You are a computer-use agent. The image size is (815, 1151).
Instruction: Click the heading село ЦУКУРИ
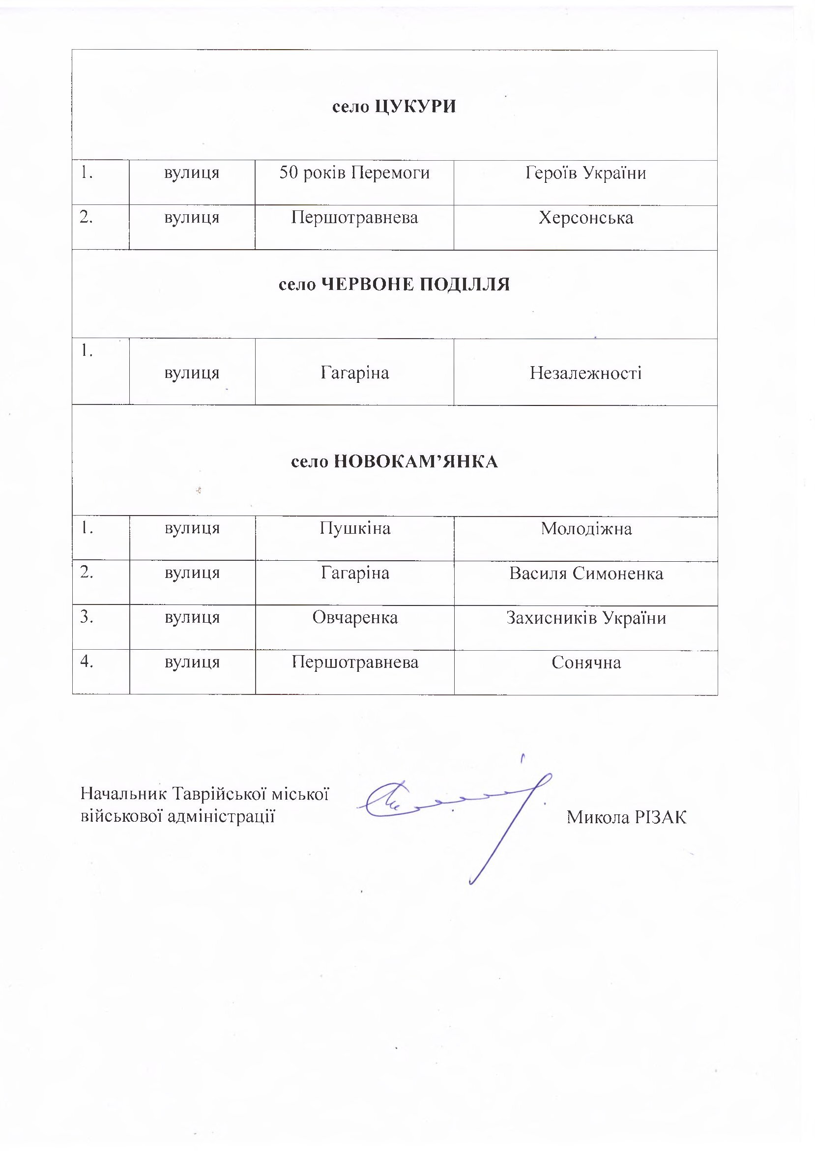[x=394, y=107]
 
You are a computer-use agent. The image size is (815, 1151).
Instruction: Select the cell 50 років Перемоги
[x=354, y=173]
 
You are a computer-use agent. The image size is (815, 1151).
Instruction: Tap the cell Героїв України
[x=585, y=173]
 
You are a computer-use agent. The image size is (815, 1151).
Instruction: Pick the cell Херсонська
[x=585, y=218]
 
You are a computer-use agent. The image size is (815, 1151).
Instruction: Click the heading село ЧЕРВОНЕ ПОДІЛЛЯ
[x=394, y=285]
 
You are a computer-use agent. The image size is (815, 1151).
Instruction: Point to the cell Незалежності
[x=585, y=374]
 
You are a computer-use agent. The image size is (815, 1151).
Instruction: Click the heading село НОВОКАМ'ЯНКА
[x=394, y=461]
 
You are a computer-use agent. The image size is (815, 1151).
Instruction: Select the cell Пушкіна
[x=355, y=528]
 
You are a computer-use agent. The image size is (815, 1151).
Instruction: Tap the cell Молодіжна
[x=585, y=528]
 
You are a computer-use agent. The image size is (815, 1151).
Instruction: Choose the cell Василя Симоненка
[x=585, y=573]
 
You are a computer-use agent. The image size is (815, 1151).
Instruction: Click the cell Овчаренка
[x=355, y=617]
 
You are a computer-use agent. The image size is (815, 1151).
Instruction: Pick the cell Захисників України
[x=585, y=617]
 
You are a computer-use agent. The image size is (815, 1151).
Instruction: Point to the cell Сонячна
[x=585, y=662]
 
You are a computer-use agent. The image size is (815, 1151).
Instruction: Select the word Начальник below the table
[x=123, y=793]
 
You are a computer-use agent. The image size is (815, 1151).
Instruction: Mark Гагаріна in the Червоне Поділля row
[x=355, y=374]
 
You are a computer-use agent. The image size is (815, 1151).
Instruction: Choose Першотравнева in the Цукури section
[x=354, y=218]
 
